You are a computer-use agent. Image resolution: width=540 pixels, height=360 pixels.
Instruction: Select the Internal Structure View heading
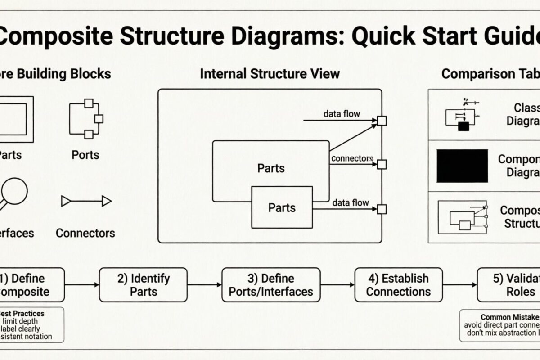tap(270, 74)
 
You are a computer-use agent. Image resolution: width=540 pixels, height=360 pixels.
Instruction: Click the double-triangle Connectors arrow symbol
tap(86, 201)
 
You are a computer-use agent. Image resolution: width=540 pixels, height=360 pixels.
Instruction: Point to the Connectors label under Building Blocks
tap(85, 233)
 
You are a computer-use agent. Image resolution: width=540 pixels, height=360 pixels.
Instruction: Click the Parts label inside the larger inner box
tap(271, 168)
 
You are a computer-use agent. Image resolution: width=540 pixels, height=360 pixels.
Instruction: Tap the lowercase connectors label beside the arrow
tap(352, 158)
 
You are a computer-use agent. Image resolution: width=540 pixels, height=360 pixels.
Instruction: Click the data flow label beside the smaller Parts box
tap(351, 203)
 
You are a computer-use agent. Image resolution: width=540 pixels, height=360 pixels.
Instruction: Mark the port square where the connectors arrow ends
tap(382, 164)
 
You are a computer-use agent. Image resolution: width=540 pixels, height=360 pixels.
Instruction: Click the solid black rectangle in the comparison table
tap(462, 166)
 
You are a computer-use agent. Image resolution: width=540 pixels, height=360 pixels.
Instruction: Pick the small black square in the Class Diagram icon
tap(463, 126)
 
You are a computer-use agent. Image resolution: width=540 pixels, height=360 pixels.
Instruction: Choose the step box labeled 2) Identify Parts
tap(143, 285)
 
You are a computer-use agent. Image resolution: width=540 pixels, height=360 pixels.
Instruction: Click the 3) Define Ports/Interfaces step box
tap(271, 285)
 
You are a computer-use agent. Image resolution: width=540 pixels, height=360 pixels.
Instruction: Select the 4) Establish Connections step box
tap(398, 285)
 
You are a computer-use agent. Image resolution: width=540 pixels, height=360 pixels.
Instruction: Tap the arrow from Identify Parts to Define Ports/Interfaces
tap(204, 285)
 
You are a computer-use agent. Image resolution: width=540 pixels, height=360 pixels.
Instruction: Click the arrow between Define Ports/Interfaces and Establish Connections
tap(337, 285)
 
